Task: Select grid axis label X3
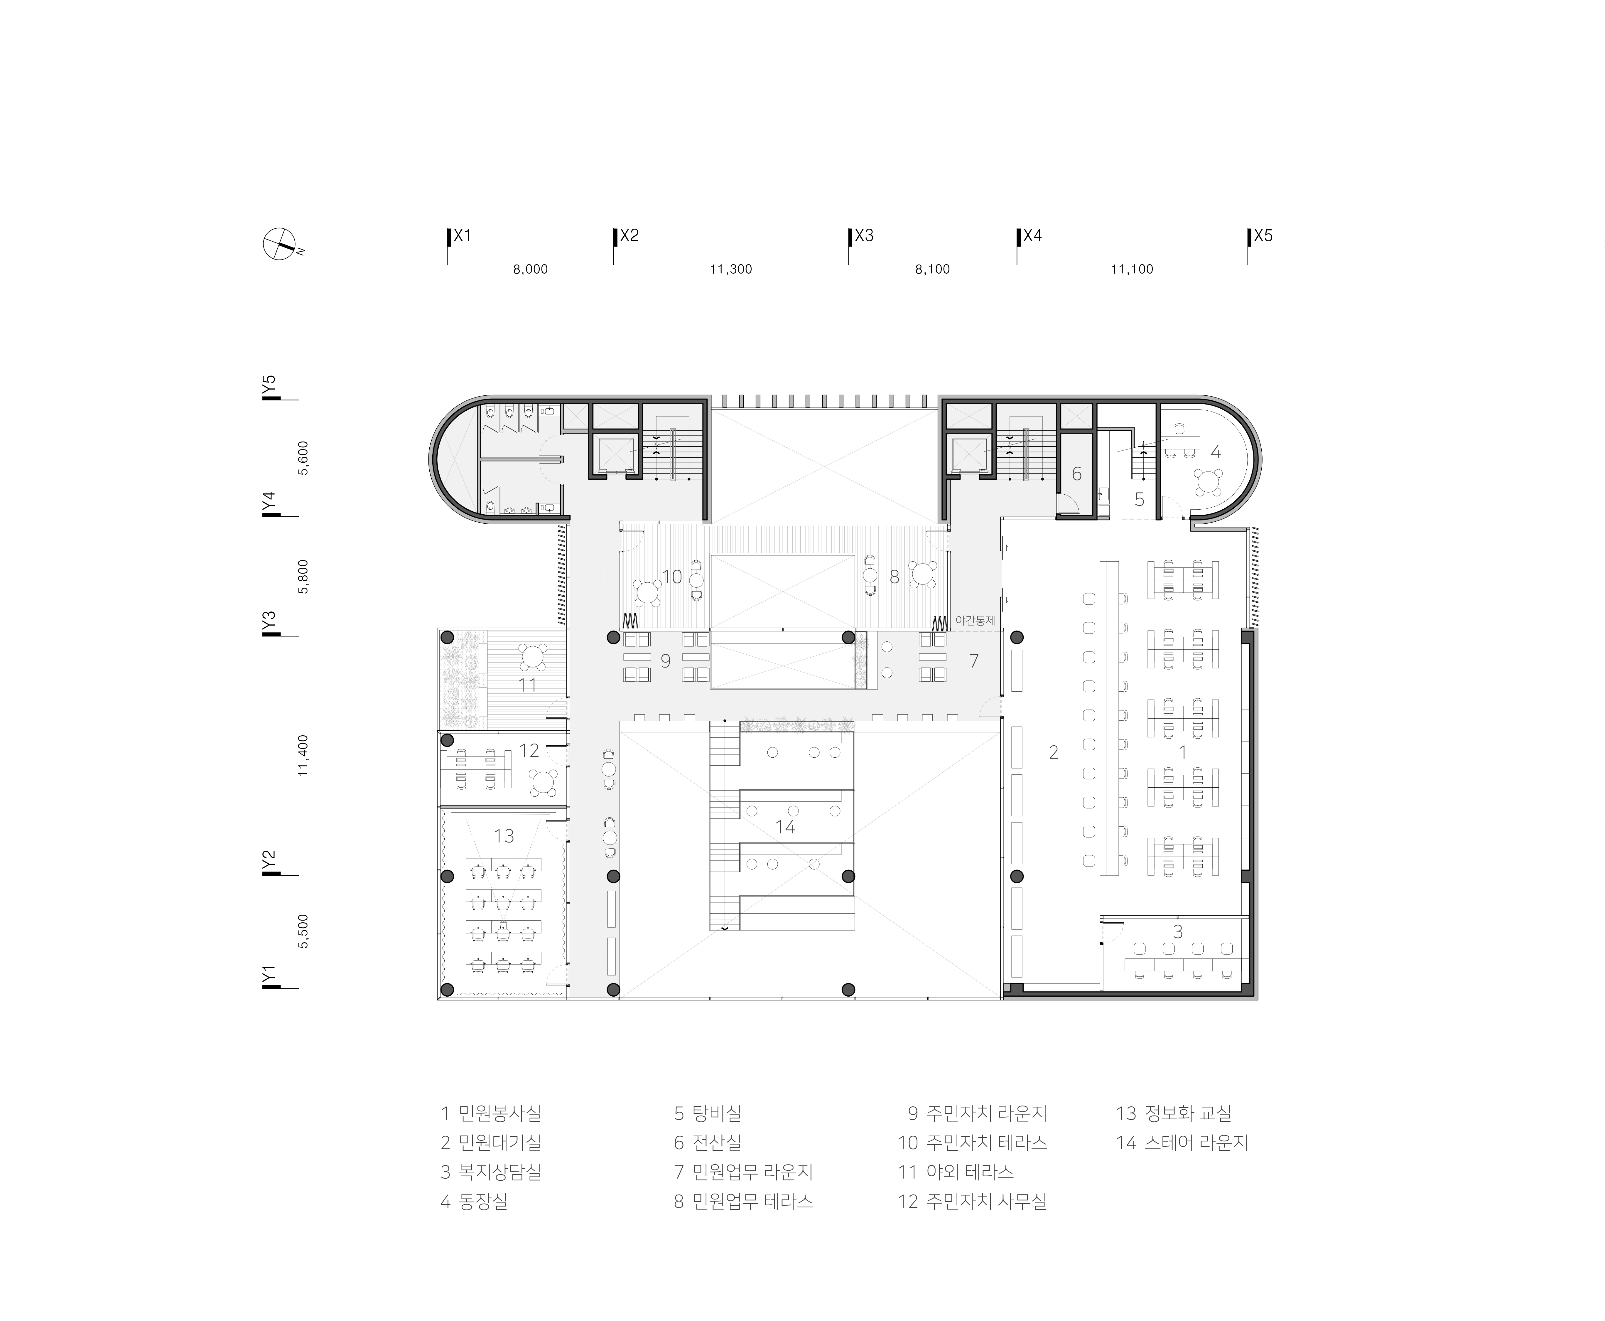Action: (864, 236)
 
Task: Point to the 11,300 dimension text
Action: (731, 269)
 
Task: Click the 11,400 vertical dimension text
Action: (303, 755)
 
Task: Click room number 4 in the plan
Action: (1216, 452)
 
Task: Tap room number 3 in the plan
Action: (1177, 931)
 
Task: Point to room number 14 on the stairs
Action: (785, 826)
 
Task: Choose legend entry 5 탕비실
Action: (708, 1113)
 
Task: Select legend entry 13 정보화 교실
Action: (1174, 1113)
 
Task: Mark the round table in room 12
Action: (545, 781)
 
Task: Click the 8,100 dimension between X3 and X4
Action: (933, 269)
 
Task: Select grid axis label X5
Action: (1263, 236)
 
